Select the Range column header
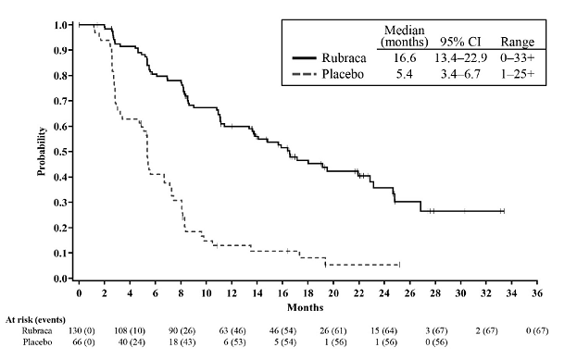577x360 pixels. point(516,42)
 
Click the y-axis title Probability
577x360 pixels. point(42,151)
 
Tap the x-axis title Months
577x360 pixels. point(305,305)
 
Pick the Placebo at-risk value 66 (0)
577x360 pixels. point(80,343)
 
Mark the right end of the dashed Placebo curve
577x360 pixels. point(398,265)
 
